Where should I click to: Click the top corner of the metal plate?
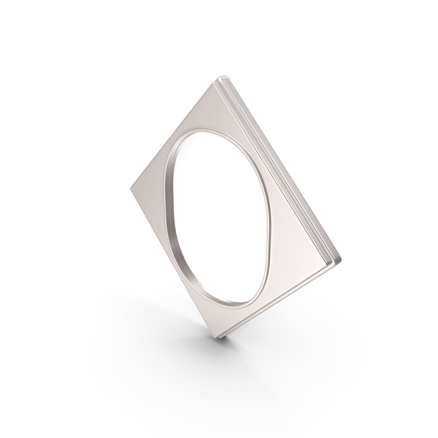pos(219,77)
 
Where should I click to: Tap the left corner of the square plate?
pos(132,187)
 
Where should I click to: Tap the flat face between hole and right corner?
pos(299,248)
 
